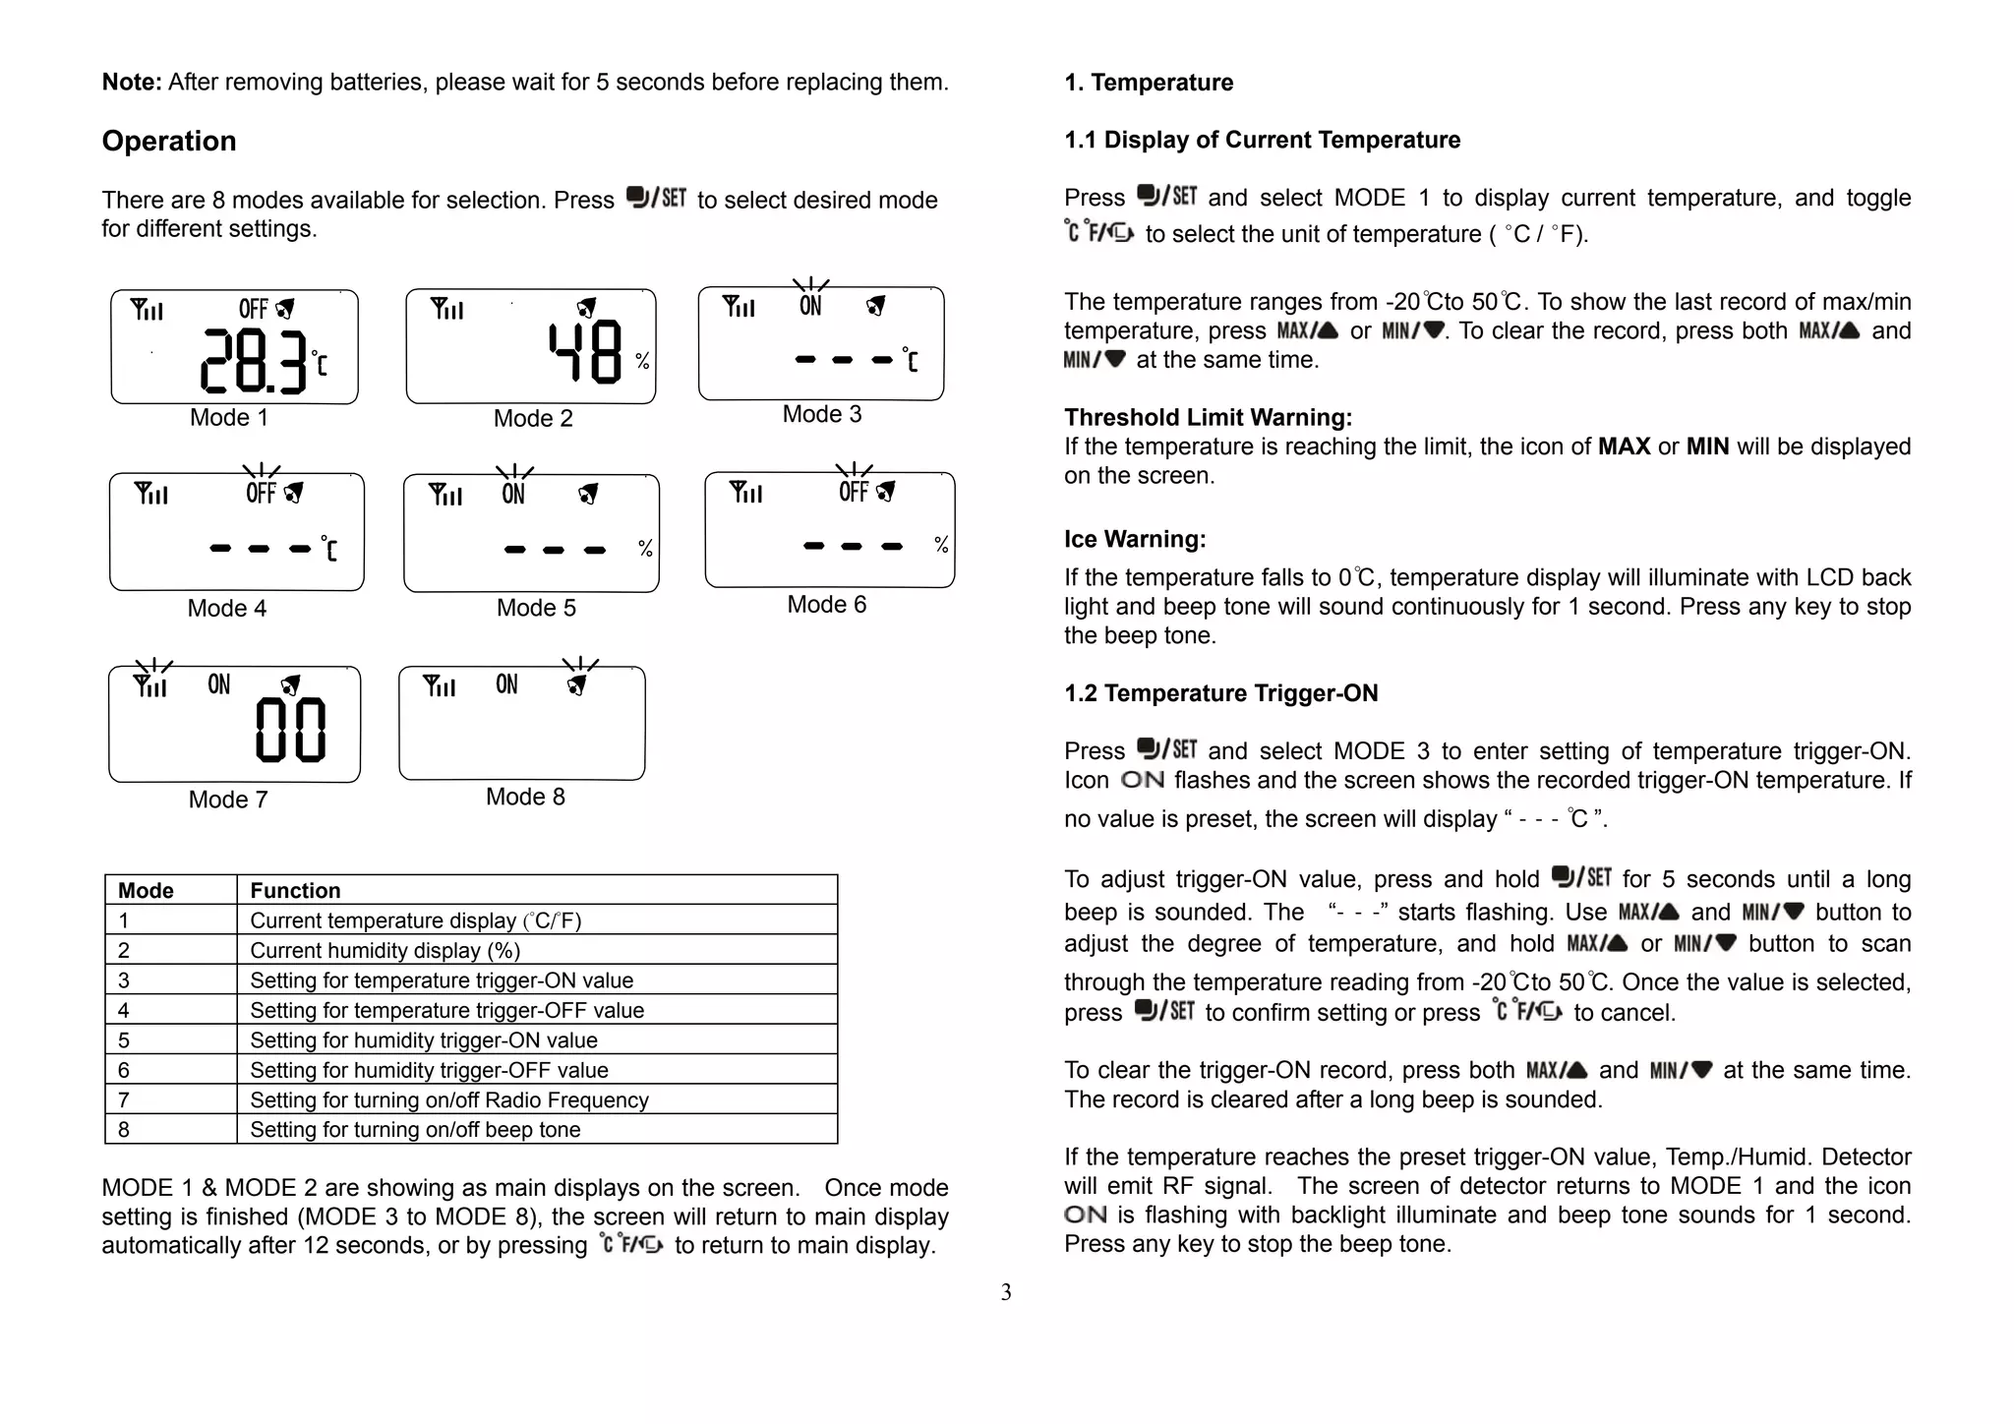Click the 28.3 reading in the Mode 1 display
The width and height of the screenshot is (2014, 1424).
coord(254,360)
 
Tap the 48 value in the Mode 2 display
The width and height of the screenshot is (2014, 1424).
coord(585,352)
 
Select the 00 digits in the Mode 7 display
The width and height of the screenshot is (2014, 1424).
coord(290,731)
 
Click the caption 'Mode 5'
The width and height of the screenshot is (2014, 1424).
coord(536,608)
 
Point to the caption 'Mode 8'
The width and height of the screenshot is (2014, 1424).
coord(525,797)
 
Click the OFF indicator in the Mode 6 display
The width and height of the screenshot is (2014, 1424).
coord(854,491)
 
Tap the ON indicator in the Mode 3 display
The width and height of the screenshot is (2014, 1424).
coord(810,306)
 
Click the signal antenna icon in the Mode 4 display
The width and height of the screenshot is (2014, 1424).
coord(150,493)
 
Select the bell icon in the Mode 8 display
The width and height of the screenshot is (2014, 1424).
coord(578,684)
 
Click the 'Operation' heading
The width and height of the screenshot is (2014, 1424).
coord(169,141)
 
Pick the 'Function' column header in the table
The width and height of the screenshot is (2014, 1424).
coord(295,890)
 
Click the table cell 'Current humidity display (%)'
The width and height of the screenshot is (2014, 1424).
coord(385,950)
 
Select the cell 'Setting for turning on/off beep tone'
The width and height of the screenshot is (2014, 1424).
coord(415,1129)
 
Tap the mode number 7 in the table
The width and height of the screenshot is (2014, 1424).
coord(124,1099)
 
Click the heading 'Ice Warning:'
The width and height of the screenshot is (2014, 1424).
coord(1135,539)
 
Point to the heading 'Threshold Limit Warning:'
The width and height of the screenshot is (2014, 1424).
coord(1208,417)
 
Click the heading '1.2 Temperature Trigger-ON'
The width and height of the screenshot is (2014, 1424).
coord(1220,693)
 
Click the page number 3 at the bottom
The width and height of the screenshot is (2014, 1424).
coord(1006,1292)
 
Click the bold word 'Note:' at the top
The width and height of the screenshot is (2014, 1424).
coord(132,82)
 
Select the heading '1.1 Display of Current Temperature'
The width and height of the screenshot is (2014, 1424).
coord(1262,140)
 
